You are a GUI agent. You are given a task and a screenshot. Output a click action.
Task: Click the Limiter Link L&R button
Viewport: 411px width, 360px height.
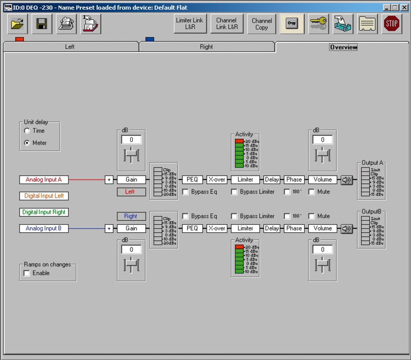190,24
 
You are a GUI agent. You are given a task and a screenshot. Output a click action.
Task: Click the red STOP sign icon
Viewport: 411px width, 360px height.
392,24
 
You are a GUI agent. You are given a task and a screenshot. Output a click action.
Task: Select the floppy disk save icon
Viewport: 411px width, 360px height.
42,24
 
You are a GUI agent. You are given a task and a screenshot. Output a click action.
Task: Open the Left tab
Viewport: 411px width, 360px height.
70,47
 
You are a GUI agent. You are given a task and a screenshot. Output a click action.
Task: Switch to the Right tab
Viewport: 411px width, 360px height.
206,47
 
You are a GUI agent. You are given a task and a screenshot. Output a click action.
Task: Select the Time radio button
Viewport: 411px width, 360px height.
27,131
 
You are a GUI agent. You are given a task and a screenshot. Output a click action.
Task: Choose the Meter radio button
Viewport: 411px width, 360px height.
27,143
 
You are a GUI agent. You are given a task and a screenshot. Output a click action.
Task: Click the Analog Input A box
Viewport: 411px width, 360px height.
44,180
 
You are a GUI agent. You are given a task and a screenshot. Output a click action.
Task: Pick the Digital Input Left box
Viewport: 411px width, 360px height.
44,196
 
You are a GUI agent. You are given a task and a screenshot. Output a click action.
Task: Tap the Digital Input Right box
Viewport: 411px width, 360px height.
44,212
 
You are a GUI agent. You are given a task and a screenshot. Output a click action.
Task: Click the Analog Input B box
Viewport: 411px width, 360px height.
44,228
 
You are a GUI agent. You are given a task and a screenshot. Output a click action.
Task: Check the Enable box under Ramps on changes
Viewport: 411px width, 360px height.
27,273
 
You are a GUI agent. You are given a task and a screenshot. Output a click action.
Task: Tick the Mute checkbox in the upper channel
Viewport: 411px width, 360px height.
311,192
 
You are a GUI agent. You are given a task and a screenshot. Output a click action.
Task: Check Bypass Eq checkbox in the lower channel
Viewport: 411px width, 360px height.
185,216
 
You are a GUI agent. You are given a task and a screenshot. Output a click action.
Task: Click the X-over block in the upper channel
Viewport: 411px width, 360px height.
216,180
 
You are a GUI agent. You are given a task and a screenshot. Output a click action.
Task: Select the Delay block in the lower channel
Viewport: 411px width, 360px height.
272,228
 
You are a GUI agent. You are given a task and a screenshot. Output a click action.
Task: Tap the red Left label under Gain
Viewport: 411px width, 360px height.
130,192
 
